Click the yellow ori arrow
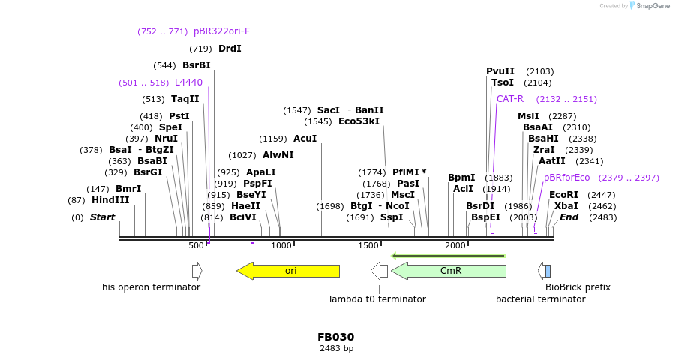(x=289, y=271)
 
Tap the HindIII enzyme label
(x=110, y=200)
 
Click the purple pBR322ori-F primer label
(x=221, y=31)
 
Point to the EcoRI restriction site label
(x=563, y=194)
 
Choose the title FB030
(x=335, y=337)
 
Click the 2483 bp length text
(x=336, y=348)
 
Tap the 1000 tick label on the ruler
(x=281, y=246)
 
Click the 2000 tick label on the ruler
(x=455, y=246)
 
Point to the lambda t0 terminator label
(x=377, y=299)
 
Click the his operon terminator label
(x=151, y=287)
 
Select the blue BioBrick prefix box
(x=548, y=271)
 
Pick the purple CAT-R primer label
(x=510, y=99)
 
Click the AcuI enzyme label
(x=305, y=139)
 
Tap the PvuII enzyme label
(x=500, y=71)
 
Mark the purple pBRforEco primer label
(x=566, y=178)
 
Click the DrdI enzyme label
(x=230, y=49)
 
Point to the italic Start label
(x=102, y=217)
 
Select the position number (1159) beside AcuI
(x=273, y=139)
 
